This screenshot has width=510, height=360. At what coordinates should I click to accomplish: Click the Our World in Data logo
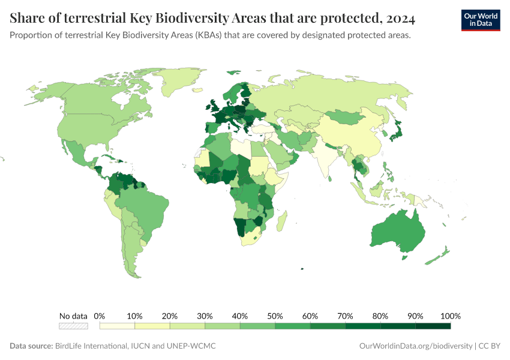[x=480, y=20]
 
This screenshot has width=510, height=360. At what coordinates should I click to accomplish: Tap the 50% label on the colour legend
[x=275, y=316]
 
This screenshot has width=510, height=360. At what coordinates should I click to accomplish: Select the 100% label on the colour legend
[x=449, y=316]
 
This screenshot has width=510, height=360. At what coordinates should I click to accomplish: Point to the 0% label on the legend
[x=100, y=316]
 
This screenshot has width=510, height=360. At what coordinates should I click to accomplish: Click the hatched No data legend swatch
[x=73, y=326]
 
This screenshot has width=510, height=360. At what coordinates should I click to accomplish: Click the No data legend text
[x=73, y=316]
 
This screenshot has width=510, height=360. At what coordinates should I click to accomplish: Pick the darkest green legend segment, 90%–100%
[x=433, y=326]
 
